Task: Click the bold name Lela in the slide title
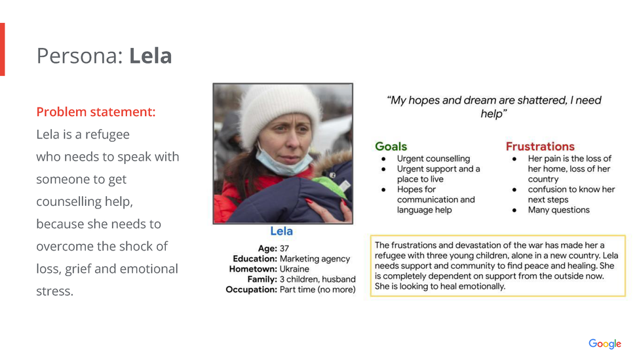pos(150,56)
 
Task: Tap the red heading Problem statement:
pos(96,111)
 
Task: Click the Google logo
pos(605,344)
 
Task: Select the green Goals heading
pos(391,146)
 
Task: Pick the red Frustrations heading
pos(540,146)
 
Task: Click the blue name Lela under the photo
pos(281,231)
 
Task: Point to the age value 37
pos(284,249)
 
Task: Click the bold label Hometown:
pos(253,269)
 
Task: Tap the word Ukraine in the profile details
pos(294,269)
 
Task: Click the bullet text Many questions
pos(559,210)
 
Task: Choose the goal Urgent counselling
pos(434,159)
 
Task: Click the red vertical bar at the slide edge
pos(2,49)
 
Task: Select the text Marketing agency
pos(315,259)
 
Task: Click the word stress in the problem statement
pos(54,291)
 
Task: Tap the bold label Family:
pos(262,279)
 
